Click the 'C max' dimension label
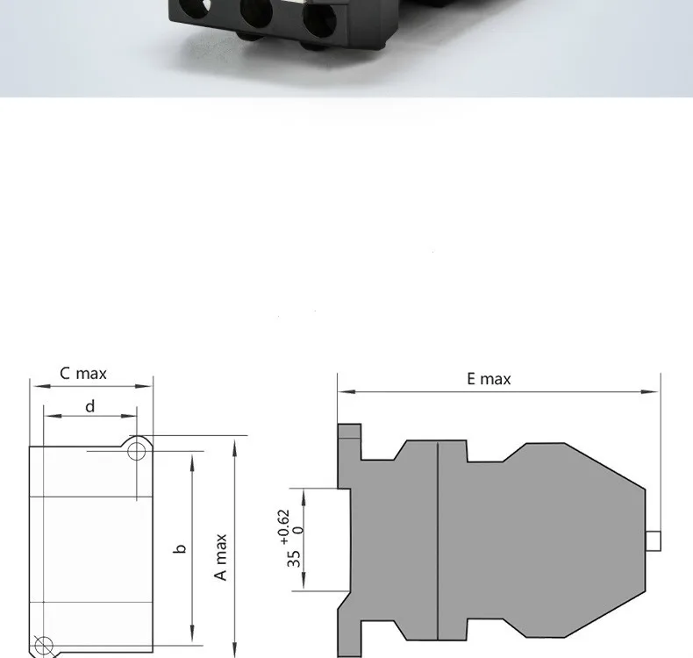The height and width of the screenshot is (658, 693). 83,374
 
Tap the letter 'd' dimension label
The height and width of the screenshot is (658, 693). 89,406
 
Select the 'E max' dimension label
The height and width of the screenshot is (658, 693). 489,379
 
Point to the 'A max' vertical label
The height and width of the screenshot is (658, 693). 220,557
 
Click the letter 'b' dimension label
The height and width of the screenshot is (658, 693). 180,549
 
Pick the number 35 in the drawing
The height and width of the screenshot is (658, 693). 294,559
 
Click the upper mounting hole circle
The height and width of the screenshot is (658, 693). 137,452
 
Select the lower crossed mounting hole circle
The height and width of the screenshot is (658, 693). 44,646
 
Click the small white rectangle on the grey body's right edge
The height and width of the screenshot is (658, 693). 654,541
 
